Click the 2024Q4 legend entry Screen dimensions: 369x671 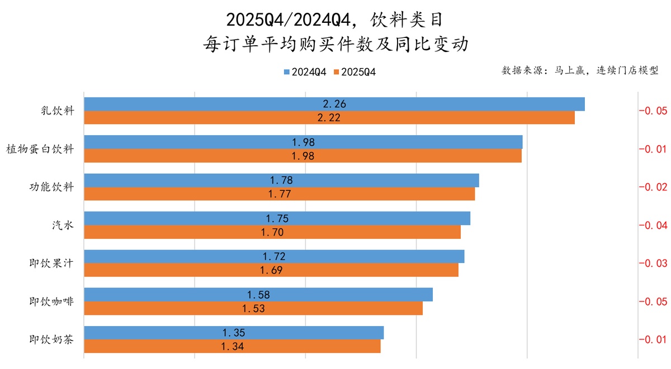[x=305, y=72]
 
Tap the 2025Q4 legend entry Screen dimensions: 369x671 [x=355, y=72]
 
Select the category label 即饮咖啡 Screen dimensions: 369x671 [x=51, y=301]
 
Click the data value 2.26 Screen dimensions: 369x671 [x=334, y=104]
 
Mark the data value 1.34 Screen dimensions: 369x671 [x=233, y=347]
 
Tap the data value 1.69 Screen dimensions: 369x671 [x=271, y=270]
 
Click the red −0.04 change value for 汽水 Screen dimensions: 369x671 [x=653, y=225]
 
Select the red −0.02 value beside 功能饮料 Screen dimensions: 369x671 [x=653, y=187]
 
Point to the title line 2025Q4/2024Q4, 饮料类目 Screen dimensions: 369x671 [x=335, y=21]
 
